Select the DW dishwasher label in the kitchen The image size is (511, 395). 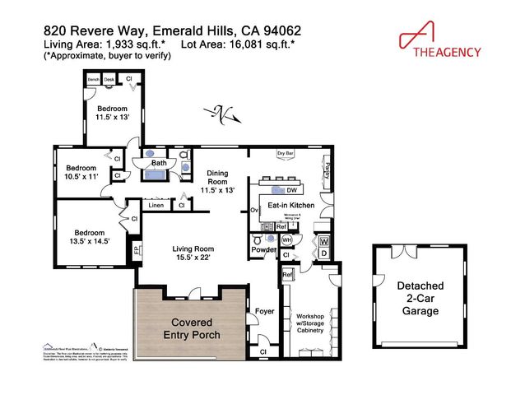tap(291, 188)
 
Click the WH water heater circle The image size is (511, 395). tap(286, 239)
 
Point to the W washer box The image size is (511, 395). tap(323, 241)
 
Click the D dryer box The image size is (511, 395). tap(323, 253)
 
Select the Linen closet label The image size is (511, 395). tap(156, 205)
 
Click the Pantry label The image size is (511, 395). tap(328, 170)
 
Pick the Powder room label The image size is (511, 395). tap(263, 249)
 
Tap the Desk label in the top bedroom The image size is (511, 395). tap(109, 80)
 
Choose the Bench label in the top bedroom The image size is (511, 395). tap(93, 80)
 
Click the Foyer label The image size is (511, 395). tap(263, 312)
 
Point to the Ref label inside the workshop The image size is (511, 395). tap(288, 275)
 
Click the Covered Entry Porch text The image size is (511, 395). tap(191, 328)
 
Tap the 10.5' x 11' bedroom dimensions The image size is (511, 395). tap(81, 175)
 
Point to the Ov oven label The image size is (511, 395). tap(254, 211)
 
